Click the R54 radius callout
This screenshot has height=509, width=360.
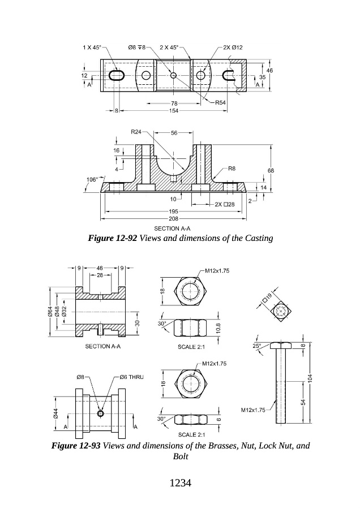click(220, 102)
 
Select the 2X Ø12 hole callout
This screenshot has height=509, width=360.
click(233, 48)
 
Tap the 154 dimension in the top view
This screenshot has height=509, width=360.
click(174, 111)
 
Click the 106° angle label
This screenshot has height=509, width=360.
click(92, 179)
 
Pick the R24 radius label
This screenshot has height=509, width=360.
click(136, 132)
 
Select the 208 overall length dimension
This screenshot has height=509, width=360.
click(174, 218)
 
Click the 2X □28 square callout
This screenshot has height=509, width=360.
click(225, 205)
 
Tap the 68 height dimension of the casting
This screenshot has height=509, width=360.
click(271, 170)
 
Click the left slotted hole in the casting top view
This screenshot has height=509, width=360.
click(117, 75)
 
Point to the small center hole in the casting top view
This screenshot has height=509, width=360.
click(174, 75)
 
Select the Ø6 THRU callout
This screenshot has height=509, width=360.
click(131, 377)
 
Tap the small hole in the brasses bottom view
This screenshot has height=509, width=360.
click(100, 413)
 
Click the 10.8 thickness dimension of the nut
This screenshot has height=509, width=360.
click(218, 328)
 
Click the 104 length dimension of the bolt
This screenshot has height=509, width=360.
click(310, 378)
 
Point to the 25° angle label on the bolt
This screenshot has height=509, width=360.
click(256, 346)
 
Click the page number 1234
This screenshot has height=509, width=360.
click(181, 483)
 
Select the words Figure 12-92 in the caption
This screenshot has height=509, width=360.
click(113, 238)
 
